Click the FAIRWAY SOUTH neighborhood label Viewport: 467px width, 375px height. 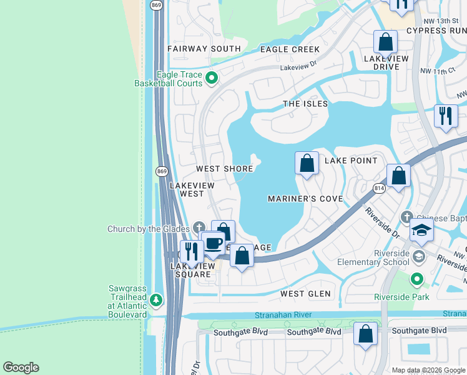point(204,49)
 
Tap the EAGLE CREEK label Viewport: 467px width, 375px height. point(290,49)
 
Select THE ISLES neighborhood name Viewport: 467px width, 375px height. point(305,104)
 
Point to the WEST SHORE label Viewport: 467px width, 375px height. point(225,169)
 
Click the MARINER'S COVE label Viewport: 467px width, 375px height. point(305,199)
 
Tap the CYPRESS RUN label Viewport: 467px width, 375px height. point(436,30)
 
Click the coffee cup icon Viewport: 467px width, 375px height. point(213,243)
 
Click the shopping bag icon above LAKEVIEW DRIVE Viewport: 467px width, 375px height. point(386,42)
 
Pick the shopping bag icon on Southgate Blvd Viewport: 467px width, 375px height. point(366,334)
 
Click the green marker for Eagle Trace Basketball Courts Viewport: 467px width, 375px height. point(211,79)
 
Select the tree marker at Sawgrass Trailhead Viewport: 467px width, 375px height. point(155,301)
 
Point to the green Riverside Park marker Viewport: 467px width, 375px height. point(417,279)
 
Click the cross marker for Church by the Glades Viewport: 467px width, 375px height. point(199,227)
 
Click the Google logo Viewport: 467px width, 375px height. point(21,367)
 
